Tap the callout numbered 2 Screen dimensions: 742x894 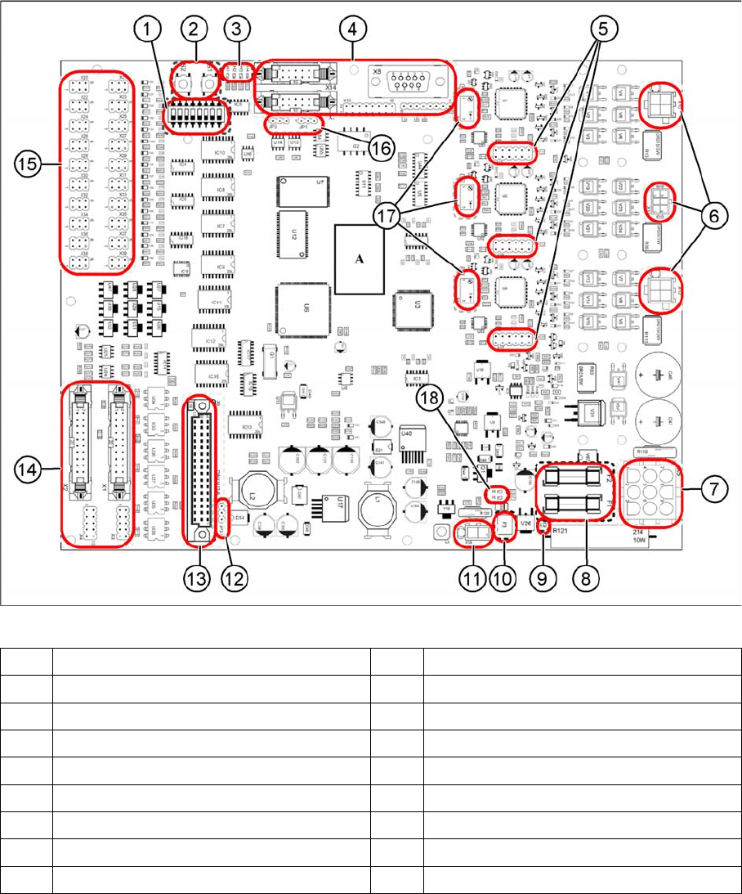[193, 30]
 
